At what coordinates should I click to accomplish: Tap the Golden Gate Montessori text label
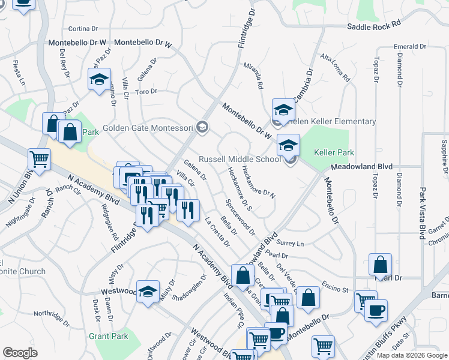click(x=148, y=128)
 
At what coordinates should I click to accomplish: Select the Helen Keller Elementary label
click(x=331, y=121)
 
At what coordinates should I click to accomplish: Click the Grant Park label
click(x=108, y=336)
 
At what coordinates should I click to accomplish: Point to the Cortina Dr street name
click(x=83, y=28)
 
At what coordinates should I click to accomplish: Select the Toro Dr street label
click(x=146, y=91)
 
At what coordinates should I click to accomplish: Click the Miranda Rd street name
click(x=253, y=76)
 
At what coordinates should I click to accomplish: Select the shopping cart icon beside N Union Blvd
click(x=39, y=160)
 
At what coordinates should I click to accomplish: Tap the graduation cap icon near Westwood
click(x=148, y=292)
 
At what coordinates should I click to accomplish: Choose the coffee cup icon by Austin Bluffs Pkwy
click(x=376, y=310)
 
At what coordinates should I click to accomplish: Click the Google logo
click(x=20, y=353)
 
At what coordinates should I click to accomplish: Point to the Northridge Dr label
click(x=52, y=313)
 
